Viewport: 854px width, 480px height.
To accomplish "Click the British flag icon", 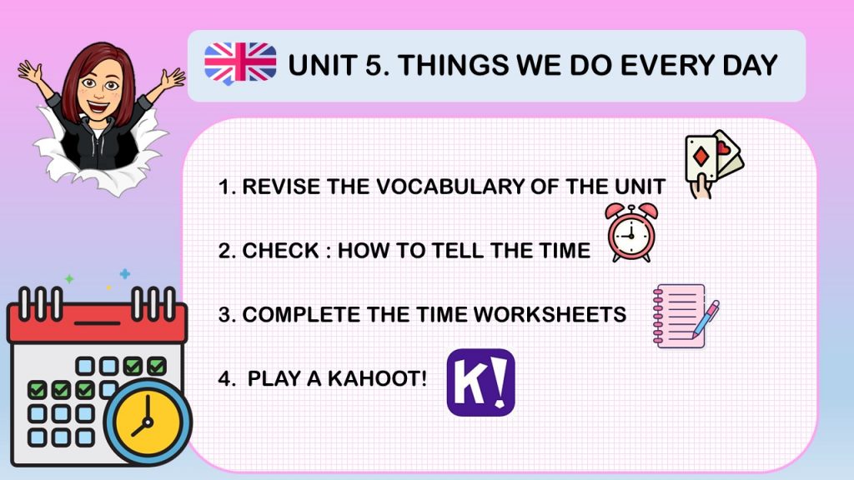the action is point(240,63).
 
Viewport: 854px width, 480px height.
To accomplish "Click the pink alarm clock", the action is point(631,233).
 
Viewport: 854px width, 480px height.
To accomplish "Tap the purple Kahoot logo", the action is point(480,382).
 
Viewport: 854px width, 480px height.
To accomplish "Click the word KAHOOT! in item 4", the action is point(377,378).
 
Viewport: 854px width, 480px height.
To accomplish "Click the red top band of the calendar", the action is point(97,322).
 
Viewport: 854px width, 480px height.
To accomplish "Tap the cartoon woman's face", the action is point(99,89).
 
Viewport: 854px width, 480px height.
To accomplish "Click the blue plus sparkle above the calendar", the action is point(125,273).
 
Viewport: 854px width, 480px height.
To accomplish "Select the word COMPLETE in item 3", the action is point(301,314).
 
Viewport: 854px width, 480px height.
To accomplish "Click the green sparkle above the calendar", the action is point(69,278).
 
